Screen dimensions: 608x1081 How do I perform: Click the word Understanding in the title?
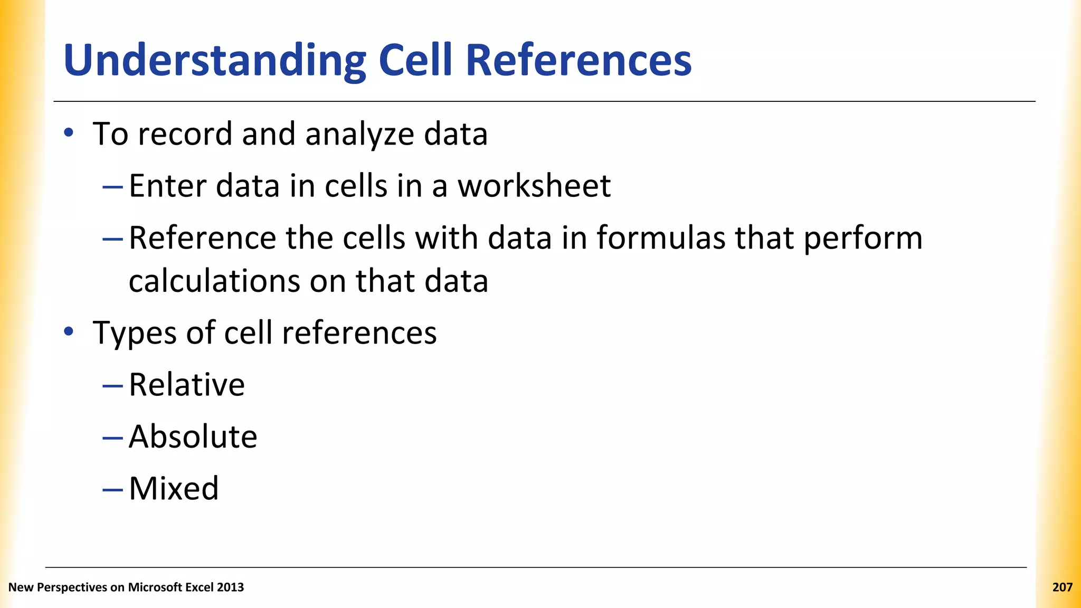pos(214,61)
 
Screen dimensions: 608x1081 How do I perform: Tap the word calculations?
pos(214,281)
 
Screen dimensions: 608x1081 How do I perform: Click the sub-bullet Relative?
pos(187,385)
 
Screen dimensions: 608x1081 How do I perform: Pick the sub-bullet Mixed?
pos(174,488)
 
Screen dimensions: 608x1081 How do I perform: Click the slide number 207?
pos(1062,587)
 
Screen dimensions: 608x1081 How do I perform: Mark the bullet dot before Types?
pos(69,331)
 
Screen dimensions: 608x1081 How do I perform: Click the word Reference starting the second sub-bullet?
pos(202,238)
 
